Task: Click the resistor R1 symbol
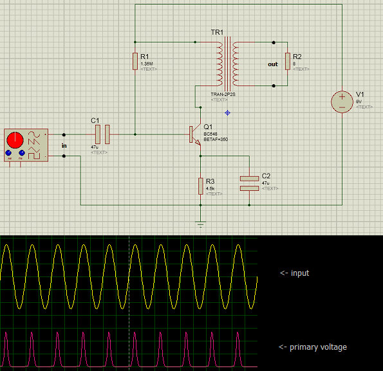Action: click(135, 61)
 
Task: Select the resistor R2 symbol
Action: click(288, 61)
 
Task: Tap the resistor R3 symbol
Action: click(201, 185)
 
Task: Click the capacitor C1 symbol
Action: click(103, 134)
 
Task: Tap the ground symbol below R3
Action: click(201, 224)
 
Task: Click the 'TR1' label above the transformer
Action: click(216, 33)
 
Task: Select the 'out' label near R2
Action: click(274, 64)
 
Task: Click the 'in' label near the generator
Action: click(64, 146)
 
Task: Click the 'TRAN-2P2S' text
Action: click(222, 95)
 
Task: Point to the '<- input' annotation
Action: click(294, 273)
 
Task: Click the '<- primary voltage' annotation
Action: click(313, 347)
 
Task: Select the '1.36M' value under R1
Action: click(146, 64)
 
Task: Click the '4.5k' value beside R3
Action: click(210, 188)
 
